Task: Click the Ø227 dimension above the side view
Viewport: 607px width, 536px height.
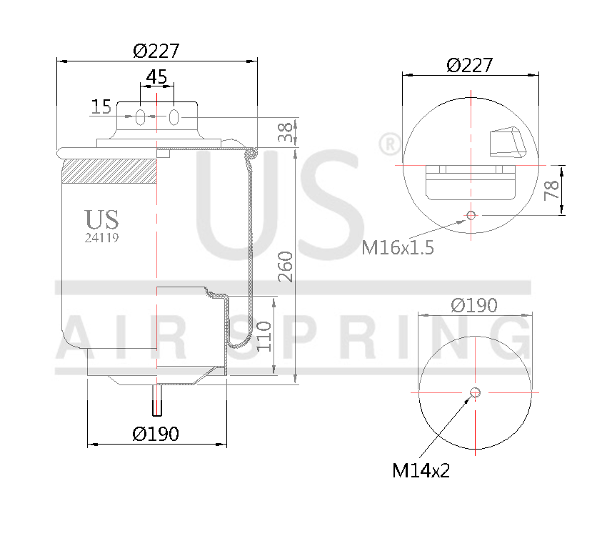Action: click(156, 51)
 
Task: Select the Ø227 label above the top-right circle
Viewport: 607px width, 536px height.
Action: click(469, 65)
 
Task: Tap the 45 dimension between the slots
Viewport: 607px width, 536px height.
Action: click(156, 76)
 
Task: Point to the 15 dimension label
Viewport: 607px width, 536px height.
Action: click(101, 107)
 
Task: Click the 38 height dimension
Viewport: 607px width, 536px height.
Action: click(285, 132)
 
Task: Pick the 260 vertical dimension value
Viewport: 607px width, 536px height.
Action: click(285, 266)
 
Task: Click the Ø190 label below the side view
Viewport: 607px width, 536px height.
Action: click(156, 433)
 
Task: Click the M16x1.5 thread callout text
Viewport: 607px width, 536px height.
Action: click(398, 247)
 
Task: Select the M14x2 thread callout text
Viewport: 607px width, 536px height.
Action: click(421, 470)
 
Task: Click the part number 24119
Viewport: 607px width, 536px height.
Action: click(101, 239)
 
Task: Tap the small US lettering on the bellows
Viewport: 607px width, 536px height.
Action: click(101, 219)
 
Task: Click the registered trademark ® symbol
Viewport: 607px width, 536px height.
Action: click(389, 145)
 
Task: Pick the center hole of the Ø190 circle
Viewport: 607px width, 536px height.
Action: click(475, 392)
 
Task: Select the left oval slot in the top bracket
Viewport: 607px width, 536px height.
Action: click(141, 117)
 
